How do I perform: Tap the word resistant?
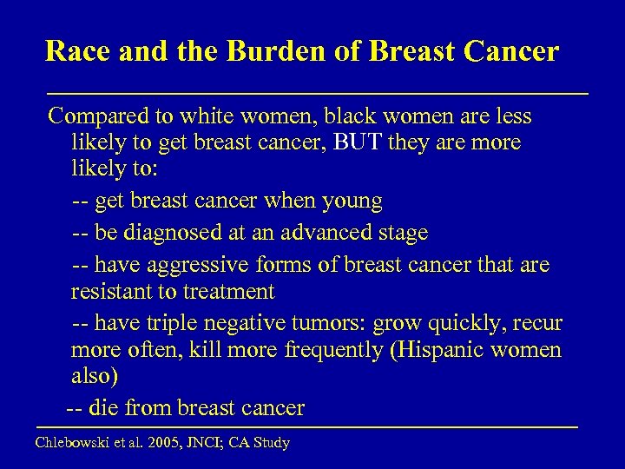click(x=109, y=291)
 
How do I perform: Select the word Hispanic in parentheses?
click(x=448, y=351)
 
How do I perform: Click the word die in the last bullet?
click(x=109, y=406)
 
